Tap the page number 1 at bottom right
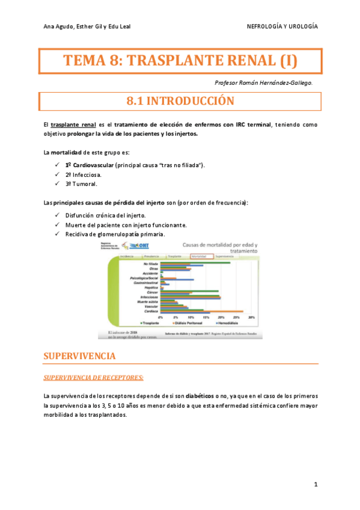tap(315, 484)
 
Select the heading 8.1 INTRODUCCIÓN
tap(180, 101)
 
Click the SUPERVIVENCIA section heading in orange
tap(79, 356)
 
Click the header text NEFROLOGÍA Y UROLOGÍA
tap(282, 27)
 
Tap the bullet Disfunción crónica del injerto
tap(105, 215)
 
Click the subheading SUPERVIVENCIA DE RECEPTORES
tap(93, 378)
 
